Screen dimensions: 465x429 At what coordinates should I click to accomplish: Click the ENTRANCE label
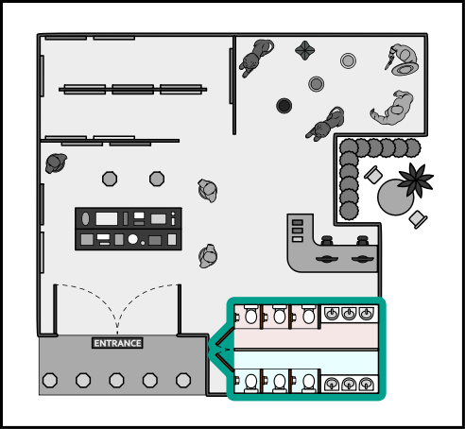tap(117, 343)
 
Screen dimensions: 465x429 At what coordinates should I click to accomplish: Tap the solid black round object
tap(284, 106)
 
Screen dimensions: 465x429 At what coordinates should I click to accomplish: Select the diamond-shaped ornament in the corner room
tap(305, 50)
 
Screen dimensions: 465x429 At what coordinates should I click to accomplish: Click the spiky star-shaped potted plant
tap(415, 180)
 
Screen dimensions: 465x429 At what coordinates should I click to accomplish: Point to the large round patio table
tap(395, 197)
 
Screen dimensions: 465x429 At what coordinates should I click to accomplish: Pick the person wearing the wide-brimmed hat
tap(403, 60)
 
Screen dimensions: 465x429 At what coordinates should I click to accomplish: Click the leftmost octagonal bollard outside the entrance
tap(50, 380)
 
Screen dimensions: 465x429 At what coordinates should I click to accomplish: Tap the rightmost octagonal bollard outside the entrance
tap(183, 380)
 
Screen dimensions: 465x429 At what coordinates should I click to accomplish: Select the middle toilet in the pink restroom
tap(280, 315)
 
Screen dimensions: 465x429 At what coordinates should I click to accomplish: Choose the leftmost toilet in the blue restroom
tap(251, 383)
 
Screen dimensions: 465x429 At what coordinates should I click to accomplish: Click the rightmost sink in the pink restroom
tap(366, 314)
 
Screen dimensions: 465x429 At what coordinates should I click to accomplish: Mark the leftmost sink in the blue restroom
tap(332, 384)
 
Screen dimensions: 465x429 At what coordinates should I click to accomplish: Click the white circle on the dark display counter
tap(132, 239)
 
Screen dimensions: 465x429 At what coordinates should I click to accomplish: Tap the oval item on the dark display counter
tap(85, 218)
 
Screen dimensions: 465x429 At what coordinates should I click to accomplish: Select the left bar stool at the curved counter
tap(327, 240)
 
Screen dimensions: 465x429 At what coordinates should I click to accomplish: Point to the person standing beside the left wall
tap(56, 163)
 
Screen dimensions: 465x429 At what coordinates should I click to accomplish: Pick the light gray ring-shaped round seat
tap(348, 60)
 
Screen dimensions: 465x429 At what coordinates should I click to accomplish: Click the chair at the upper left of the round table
tap(373, 175)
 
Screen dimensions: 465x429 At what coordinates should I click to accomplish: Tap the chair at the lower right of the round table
tap(418, 219)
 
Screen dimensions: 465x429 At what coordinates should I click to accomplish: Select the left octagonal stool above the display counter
tap(110, 179)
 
